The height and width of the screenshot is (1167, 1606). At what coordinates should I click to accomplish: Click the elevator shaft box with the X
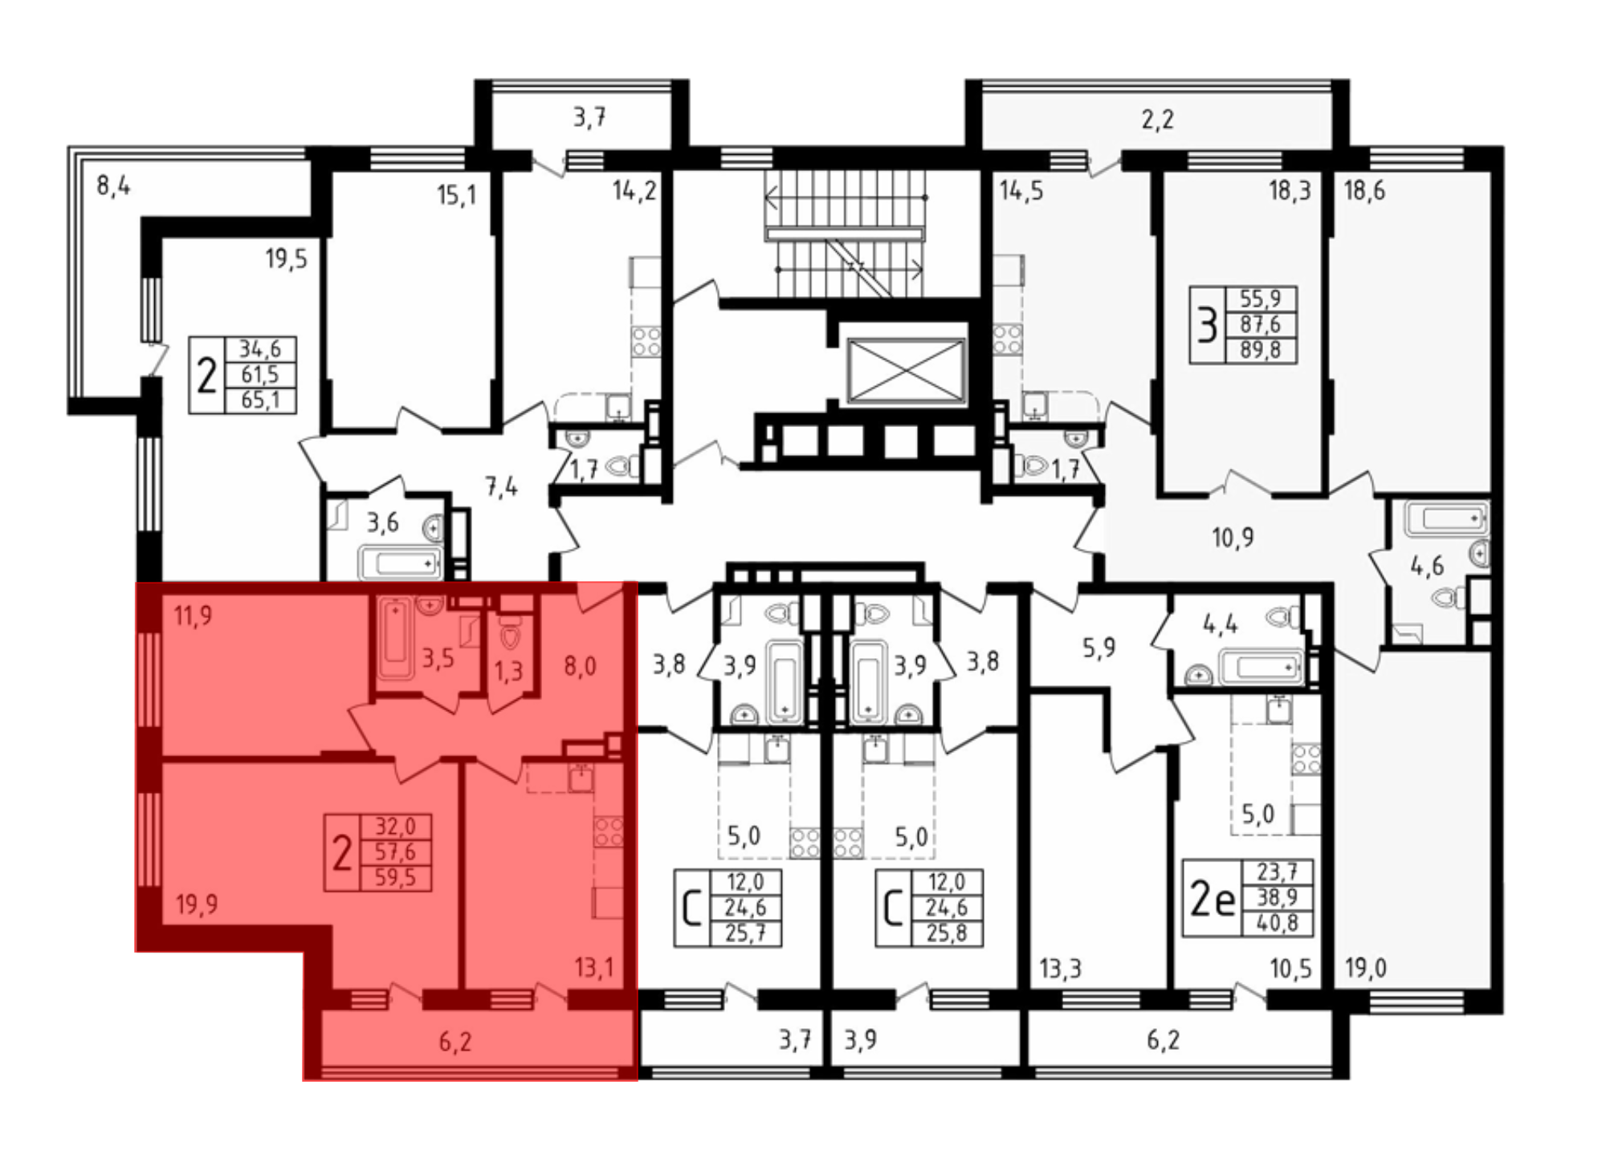point(906,370)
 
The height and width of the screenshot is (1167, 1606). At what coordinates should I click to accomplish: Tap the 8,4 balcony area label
point(113,186)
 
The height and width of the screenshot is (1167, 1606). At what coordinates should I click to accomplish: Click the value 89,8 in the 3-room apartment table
point(1260,350)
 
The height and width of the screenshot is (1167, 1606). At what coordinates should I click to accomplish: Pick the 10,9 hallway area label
point(1233,537)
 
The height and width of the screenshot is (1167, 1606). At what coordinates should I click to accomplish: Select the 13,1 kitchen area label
point(594,967)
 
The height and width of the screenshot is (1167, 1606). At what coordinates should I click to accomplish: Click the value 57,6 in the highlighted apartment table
point(395,852)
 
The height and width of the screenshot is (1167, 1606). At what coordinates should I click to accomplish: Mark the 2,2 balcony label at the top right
point(1157,120)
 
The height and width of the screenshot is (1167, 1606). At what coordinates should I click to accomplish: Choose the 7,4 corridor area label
point(501,487)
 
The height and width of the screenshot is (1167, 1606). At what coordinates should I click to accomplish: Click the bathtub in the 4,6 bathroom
point(1447,518)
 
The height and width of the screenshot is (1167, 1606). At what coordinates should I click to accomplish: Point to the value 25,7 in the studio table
point(745,933)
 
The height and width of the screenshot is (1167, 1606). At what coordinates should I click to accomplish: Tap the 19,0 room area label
point(1365,969)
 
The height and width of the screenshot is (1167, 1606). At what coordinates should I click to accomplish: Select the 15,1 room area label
point(456,195)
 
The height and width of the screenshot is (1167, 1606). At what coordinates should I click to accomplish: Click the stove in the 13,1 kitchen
point(609,832)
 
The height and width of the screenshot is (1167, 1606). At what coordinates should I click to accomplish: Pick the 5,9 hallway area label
point(1099,647)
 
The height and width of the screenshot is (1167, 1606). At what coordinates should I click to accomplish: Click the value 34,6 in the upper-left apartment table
point(260,349)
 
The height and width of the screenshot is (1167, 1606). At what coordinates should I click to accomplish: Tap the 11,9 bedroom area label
point(193,616)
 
